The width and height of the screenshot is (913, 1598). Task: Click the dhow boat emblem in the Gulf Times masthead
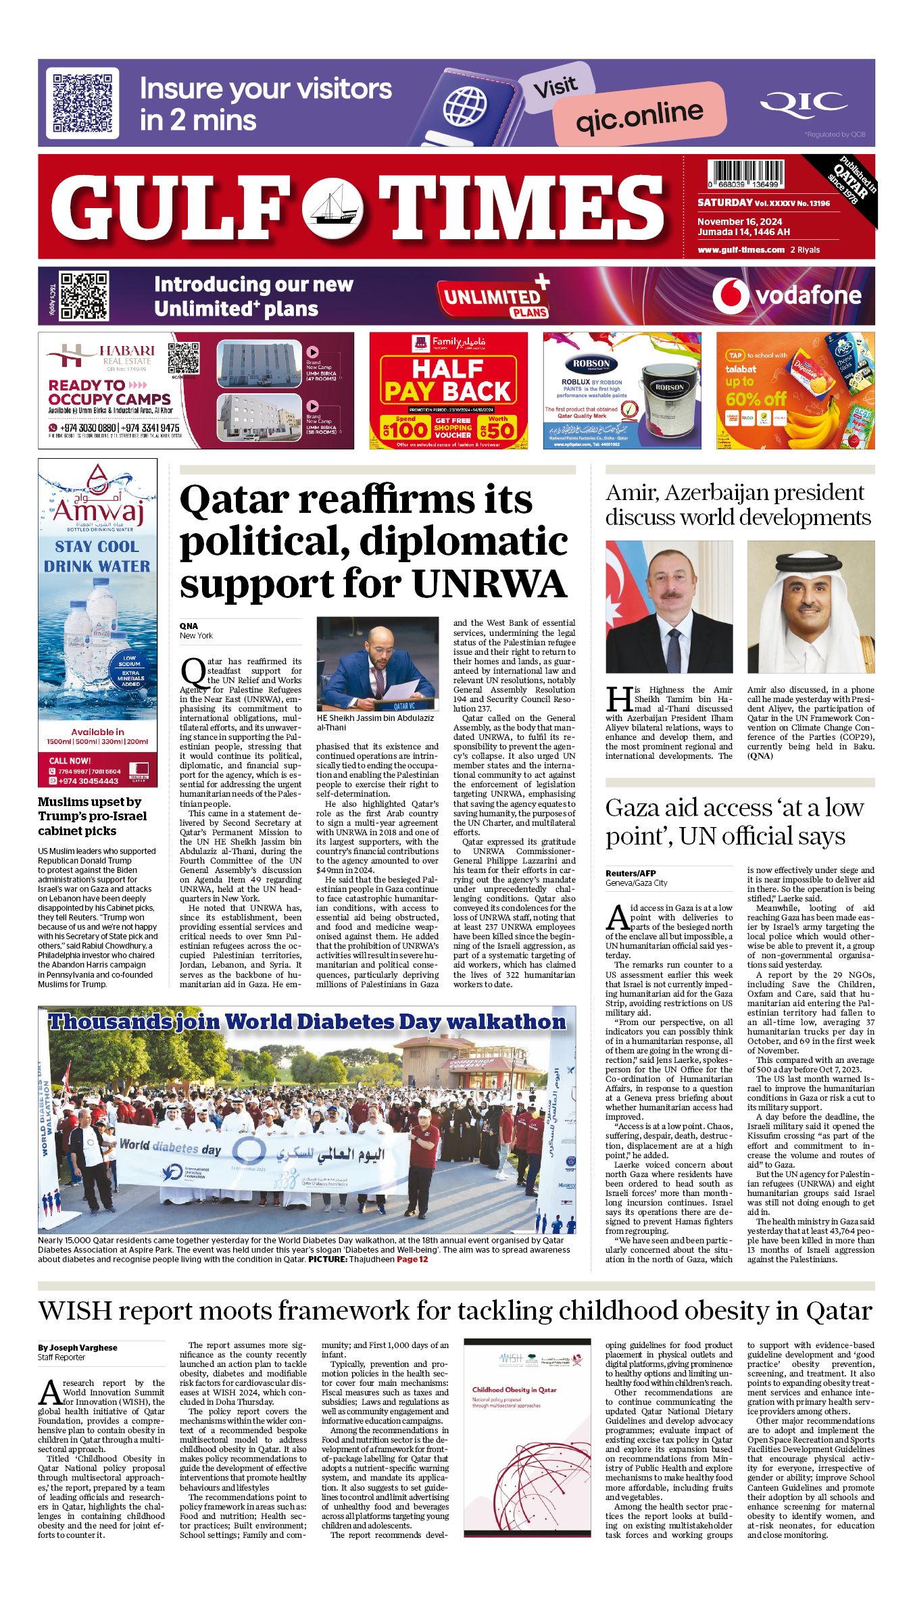(332, 207)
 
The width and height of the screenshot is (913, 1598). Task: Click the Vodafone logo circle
(730, 296)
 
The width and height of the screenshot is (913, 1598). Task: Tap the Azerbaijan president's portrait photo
(669, 606)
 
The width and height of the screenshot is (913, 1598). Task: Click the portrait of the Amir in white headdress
(810, 606)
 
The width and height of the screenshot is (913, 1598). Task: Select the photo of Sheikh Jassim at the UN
(378, 664)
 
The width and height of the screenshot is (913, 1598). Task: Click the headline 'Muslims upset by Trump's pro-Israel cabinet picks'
(92, 816)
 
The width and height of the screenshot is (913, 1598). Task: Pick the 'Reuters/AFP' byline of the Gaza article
(631, 873)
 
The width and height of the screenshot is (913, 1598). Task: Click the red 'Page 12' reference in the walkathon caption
(412, 1259)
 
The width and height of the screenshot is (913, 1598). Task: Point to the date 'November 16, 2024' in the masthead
(740, 222)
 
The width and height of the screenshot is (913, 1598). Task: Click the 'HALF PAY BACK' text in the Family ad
(448, 380)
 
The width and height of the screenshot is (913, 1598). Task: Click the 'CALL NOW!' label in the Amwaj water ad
(70, 760)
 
